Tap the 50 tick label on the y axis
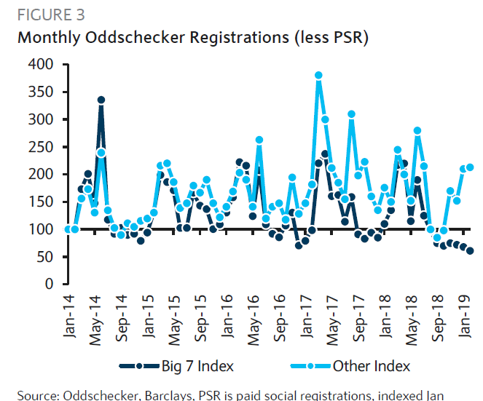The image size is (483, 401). tap(44, 256)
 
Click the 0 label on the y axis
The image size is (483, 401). tap(49, 284)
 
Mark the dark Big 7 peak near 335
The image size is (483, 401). tap(101, 100)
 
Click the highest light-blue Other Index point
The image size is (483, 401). tap(318, 75)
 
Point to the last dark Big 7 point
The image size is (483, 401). tap(470, 251)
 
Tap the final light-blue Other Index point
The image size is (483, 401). tap(470, 167)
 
